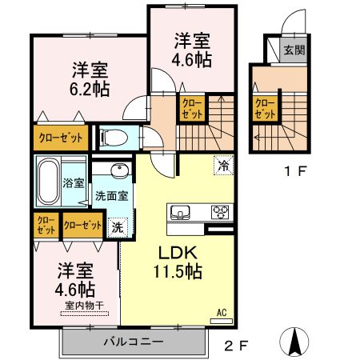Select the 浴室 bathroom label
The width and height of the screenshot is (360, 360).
(74, 182)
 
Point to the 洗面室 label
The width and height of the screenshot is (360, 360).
(110, 196)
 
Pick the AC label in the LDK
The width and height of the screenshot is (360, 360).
(222, 312)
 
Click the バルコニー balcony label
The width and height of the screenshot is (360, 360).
(133, 342)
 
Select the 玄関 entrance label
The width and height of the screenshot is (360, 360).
(293, 50)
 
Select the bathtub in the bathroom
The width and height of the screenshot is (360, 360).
(48, 182)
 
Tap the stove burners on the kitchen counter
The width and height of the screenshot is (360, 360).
(218, 212)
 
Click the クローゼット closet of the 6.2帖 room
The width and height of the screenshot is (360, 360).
(61, 137)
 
